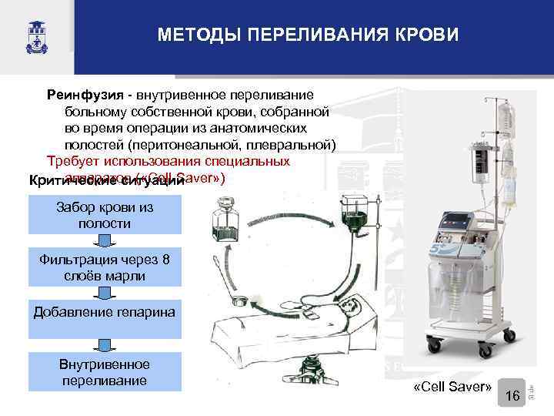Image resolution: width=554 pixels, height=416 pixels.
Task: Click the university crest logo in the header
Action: click(x=34, y=35)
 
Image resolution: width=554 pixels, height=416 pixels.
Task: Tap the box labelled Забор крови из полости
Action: click(x=105, y=214)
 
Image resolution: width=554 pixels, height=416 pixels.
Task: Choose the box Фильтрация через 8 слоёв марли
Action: click(x=105, y=267)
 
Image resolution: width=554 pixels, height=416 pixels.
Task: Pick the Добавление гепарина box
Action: click(x=105, y=313)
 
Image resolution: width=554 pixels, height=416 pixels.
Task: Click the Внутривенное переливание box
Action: click(x=105, y=371)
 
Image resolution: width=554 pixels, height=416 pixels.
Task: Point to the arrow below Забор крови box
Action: click(x=105, y=241)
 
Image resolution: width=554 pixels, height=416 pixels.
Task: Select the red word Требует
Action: click(x=73, y=162)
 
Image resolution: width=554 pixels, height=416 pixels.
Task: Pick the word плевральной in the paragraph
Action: click(x=295, y=145)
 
